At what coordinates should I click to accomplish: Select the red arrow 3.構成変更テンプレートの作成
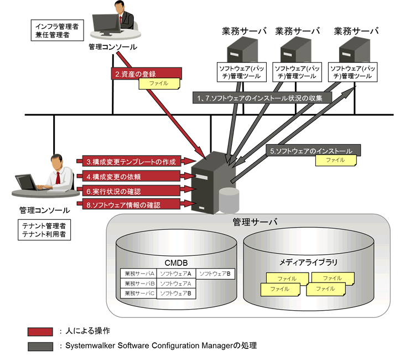pyautogui.click(x=131, y=162)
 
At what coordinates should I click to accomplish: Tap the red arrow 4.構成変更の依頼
pyautogui.click(x=131, y=176)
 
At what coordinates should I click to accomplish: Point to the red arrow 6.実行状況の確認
pyautogui.click(x=131, y=191)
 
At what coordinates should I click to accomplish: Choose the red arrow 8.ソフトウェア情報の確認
pyautogui.click(x=131, y=205)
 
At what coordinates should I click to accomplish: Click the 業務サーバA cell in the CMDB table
pyautogui.click(x=139, y=274)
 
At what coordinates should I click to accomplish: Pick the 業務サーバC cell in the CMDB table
pyautogui.click(x=139, y=293)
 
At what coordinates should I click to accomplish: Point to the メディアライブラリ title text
pyautogui.click(x=309, y=261)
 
